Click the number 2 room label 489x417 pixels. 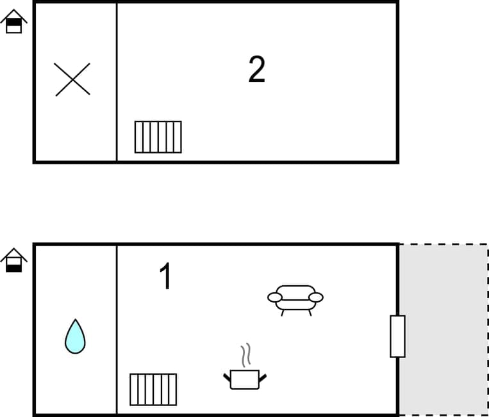click(x=256, y=70)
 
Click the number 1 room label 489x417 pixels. click(x=165, y=277)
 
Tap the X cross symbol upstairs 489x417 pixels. click(x=72, y=79)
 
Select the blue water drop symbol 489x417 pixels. click(x=75, y=336)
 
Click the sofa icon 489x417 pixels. click(x=295, y=299)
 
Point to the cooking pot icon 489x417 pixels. click(x=245, y=379)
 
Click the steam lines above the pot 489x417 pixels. click(x=245, y=355)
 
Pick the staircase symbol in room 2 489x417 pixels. click(x=158, y=137)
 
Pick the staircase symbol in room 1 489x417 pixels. click(x=153, y=389)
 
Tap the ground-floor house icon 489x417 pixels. click(x=13, y=260)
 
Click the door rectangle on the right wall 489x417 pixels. click(x=397, y=336)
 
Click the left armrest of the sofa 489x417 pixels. click(x=275, y=297)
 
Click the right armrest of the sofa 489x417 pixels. click(x=316, y=297)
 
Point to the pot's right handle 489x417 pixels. click(x=262, y=377)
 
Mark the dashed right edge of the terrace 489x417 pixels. click(x=487, y=329)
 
